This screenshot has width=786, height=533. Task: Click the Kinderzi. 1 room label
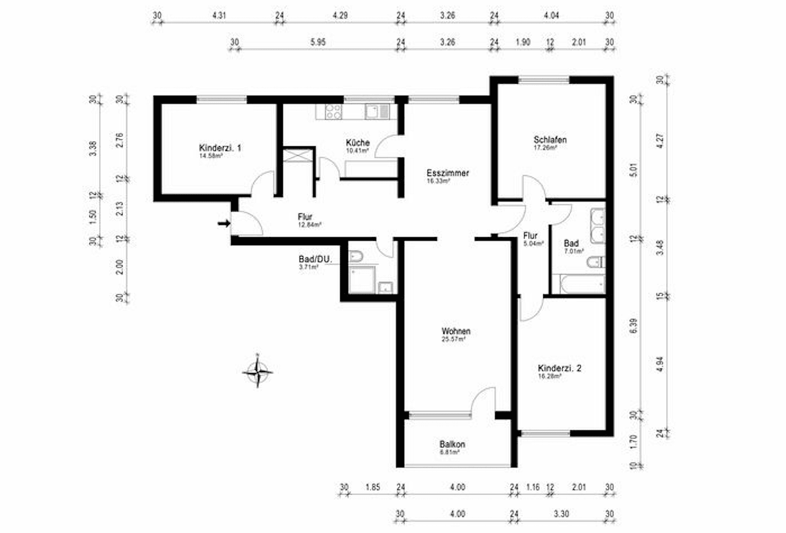[x=220, y=148]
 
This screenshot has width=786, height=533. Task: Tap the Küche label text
[x=357, y=143]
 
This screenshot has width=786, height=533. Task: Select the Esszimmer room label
[x=447, y=173]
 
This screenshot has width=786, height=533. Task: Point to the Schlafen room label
[x=550, y=140]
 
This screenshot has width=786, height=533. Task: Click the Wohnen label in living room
[x=456, y=331]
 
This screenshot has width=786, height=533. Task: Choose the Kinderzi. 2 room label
[x=559, y=368]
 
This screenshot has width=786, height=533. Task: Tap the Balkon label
[x=452, y=444]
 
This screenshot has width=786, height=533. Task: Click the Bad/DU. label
[x=315, y=259]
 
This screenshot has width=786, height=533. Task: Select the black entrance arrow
[x=224, y=224]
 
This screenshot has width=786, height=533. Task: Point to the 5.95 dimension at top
[x=318, y=42]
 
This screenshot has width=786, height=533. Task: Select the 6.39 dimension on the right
[x=634, y=325]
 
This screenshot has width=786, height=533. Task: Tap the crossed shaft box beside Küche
[x=298, y=155]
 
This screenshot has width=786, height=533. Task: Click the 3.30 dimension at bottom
[x=561, y=514]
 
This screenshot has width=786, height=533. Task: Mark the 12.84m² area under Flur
[x=310, y=225]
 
